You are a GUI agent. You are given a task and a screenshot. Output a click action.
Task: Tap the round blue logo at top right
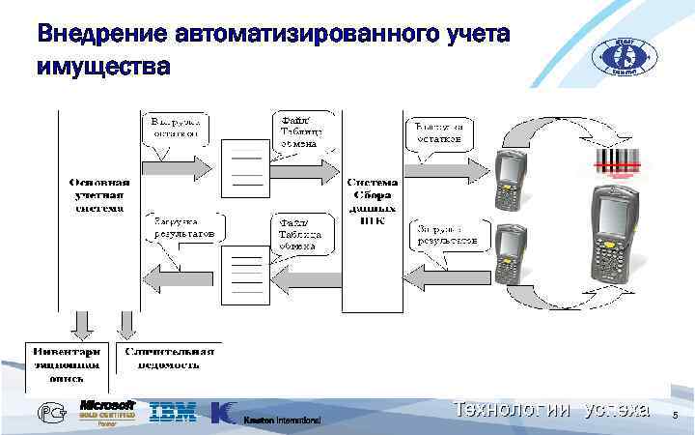(623, 56)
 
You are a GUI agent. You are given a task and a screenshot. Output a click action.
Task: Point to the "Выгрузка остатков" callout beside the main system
(177, 128)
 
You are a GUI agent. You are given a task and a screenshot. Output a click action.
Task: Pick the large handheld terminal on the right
(614, 238)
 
